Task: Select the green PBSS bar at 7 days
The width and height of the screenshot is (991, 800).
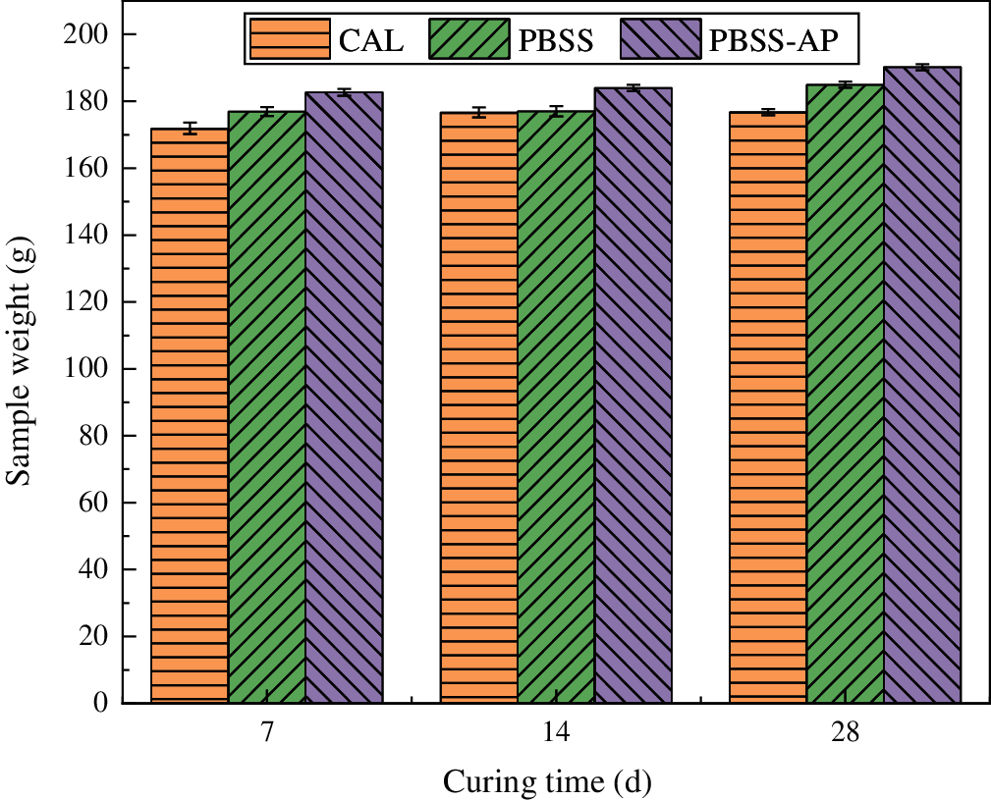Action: (x=266, y=407)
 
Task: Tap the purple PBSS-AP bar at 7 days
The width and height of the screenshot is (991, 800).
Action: (x=344, y=398)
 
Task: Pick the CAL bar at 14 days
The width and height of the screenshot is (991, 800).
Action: (x=478, y=407)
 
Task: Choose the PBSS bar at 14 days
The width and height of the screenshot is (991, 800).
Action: (x=556, y=407)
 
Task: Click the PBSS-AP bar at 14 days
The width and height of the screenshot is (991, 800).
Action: (x=633, y=396)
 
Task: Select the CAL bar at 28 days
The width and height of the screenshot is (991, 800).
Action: (x=768, y=407)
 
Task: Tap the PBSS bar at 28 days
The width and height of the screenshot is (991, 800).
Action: (x=846, y=394)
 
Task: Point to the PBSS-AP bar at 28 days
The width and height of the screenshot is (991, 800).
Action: (x=923, y=385)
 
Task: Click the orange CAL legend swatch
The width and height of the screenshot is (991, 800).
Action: (x=290, y=38)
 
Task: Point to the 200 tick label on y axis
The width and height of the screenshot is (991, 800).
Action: (x=88, y=35)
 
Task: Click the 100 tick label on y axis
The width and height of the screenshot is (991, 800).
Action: (x=88, y=369)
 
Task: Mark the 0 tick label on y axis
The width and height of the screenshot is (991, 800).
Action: (x=101, y=703)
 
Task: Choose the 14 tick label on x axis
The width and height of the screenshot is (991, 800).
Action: (x=556, y=734)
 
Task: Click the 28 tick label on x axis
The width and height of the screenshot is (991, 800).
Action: (x=846, y=734)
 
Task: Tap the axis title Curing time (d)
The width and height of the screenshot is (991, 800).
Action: (x=548, y=782)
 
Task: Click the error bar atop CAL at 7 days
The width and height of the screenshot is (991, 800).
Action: (x=189, y=129)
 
